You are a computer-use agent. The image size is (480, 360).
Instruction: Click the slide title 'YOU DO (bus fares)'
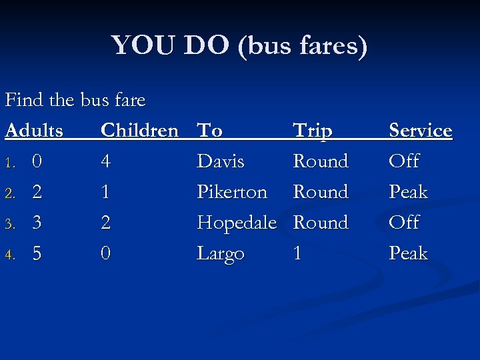(239, 46)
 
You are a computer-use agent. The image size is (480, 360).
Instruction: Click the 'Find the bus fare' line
(75, 100)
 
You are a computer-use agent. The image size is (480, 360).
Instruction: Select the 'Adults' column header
(34, 131)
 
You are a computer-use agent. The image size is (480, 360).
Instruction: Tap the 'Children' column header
(139, 131)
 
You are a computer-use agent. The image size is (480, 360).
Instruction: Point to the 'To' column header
(209, 131)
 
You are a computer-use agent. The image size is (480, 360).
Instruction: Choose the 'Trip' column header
(313, 131)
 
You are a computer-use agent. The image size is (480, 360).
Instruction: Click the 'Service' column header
(420, 131)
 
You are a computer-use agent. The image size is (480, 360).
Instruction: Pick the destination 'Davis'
(221, 161)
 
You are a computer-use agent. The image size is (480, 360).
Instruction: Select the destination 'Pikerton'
(232, 192)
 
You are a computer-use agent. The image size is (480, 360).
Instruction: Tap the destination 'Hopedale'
(237, 223)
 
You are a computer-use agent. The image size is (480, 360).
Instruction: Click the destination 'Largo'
(221, 254)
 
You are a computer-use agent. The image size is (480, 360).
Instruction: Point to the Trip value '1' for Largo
(297, 253)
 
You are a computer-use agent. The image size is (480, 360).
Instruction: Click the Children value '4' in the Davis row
(105, 161)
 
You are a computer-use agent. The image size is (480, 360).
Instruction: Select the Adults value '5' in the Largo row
(37, 253)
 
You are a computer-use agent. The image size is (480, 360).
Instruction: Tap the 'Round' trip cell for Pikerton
(321, 192)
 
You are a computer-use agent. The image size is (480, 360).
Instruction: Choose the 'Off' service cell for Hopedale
(404, 223)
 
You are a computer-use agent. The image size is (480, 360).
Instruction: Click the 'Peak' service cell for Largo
(408, 253)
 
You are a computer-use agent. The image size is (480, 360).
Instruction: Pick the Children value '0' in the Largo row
(105, 253)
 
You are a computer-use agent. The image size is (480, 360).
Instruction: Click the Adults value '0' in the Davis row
(37, 161)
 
